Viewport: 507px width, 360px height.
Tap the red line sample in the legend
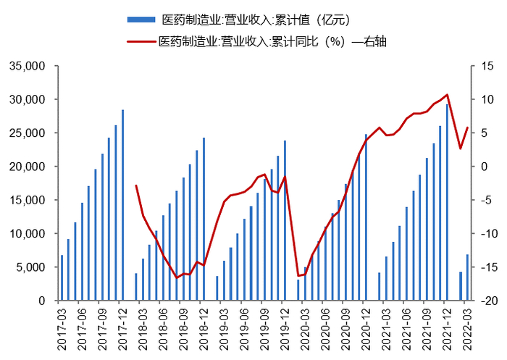point(141,41)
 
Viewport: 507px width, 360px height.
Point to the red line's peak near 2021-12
point(447,95)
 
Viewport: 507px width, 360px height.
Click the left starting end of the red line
point(136,185)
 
